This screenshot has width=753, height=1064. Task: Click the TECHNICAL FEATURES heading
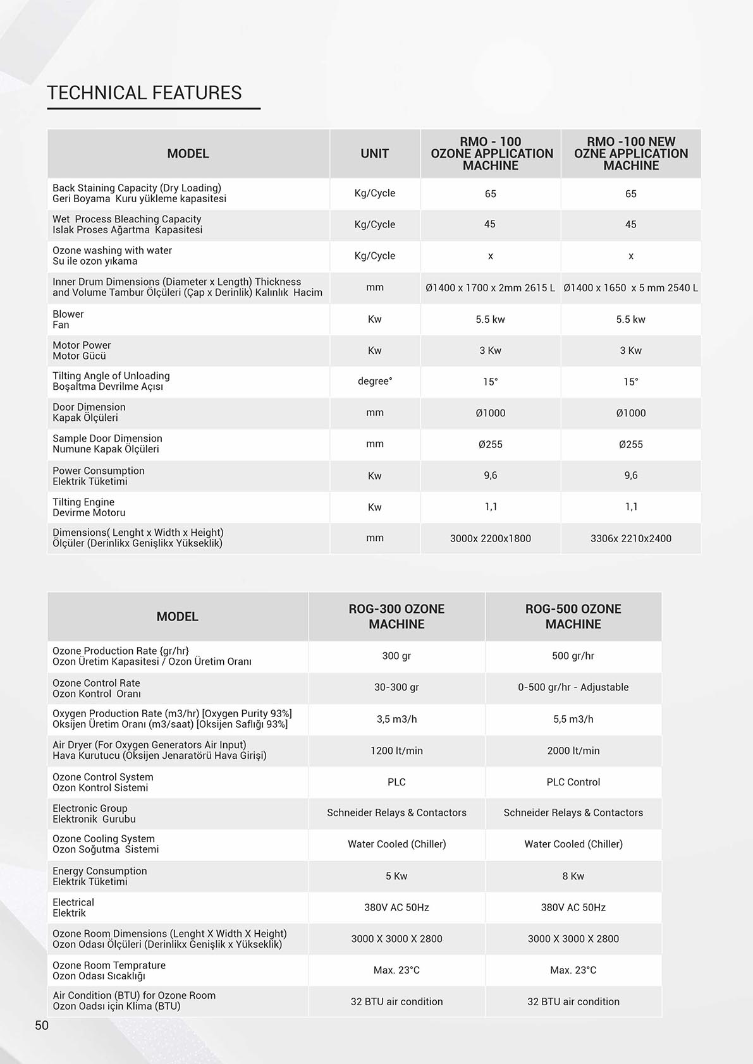[144, 93]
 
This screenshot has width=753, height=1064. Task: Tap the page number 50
[42, 1025]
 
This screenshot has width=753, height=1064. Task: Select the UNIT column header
[374, 154]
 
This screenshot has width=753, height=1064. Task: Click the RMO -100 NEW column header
[630, 154]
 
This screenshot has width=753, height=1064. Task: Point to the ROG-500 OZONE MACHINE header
[573, 616]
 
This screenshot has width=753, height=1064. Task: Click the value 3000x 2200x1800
[490, 538]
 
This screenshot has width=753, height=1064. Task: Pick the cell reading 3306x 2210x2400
[630, 538]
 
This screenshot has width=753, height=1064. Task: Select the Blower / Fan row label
[68, 319]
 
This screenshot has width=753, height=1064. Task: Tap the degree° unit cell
[374, 381]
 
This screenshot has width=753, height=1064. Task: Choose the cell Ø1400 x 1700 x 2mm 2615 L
[490, 287]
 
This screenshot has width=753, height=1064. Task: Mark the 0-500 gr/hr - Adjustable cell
[573, 687]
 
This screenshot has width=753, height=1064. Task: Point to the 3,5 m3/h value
[396, 719]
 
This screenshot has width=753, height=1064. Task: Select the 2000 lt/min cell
[573, 751]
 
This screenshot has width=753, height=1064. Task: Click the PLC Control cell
[573, 782]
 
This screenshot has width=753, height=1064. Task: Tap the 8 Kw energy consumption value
[573, 876]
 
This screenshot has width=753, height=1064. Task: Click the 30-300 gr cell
[396, 687]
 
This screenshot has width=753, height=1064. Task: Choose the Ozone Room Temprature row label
[109, 970]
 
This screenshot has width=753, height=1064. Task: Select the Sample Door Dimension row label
[107, 444]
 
